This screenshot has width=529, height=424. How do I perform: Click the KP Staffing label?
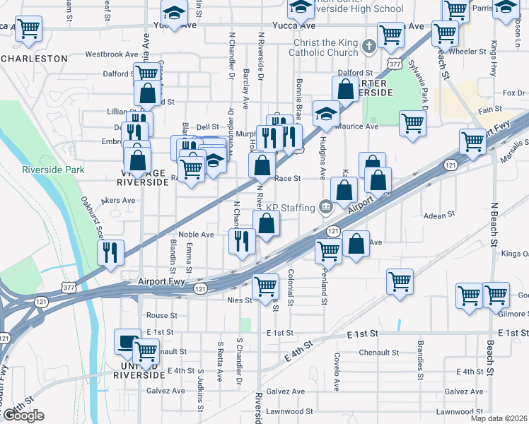click(x=289, y=207)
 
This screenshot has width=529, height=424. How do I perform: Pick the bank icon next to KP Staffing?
click(x=325, y=207)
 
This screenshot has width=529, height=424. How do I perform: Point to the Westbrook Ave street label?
click(x=112, y=54)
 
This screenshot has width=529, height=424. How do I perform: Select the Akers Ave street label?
click(x=118, y=201)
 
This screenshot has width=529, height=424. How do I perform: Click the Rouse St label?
click(x=161, y=315)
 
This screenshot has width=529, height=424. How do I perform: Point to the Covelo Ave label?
click(x=338, y=365)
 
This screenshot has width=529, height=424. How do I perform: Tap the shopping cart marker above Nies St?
click(x=265, y=285)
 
